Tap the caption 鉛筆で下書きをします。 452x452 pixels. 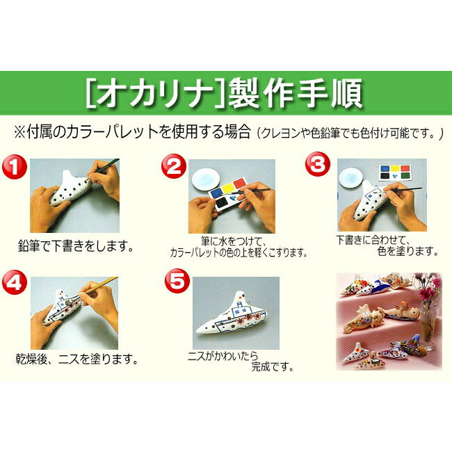pyautogui.click(x=75, y=246)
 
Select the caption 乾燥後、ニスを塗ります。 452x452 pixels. pyautogui.click(x=76, y=360)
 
